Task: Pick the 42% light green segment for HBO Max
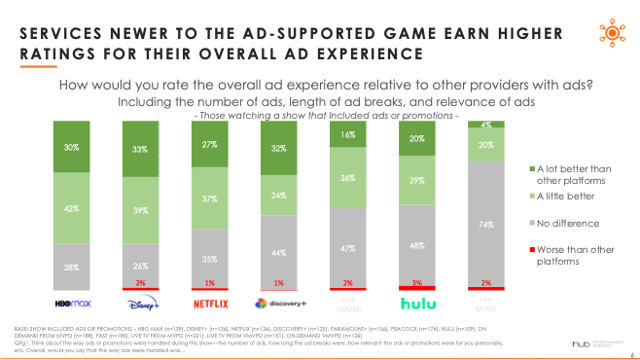tap(73, 207)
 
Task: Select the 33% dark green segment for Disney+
tap(141, 150)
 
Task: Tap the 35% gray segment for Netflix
tap(209, 259)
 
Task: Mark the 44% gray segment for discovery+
tap(278, 252)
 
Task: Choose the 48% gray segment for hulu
tap(417, 245)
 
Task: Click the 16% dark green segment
tap(348, 135)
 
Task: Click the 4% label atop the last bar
tap(485, 125)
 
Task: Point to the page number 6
tap(631, 354)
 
